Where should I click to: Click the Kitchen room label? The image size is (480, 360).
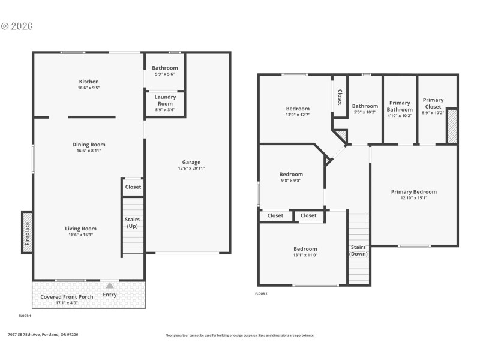(x=89, y=82)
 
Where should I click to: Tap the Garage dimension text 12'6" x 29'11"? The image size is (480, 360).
(x=191, y=169)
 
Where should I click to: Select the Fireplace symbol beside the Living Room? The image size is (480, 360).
(x=27, y=232)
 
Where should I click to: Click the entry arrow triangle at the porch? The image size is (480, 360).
(x=110, y=286)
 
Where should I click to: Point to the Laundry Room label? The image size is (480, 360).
(x=165, y=100)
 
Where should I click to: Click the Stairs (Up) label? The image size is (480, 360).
(x=133, y=223)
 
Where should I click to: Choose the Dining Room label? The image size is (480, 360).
(x=89, y=144)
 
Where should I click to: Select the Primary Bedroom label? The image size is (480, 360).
(x=414, y=192)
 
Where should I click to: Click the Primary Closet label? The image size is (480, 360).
(x=433, y=103)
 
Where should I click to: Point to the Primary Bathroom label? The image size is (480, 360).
(x=400, y=106)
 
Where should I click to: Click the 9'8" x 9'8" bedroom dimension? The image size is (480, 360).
(x=291, y=181)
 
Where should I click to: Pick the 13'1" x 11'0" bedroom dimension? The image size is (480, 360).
(x=305, y=255)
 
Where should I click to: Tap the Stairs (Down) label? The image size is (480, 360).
(x=358, y=250)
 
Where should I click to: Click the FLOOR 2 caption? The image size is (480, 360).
(x=261, y=293)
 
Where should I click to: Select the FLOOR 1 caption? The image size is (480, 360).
(x=25, y=315)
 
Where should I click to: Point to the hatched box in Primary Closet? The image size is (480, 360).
(x=452, y=126)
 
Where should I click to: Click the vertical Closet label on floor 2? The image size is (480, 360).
(x=340, y=98)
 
